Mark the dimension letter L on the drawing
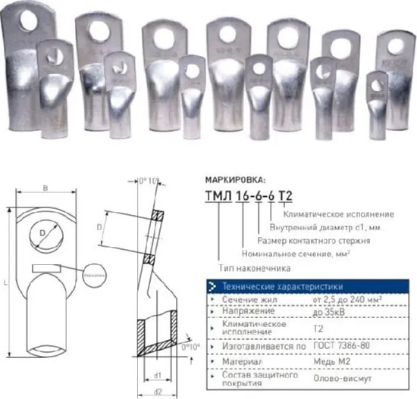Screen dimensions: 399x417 (7, 282)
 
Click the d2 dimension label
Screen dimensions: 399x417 (158, 391)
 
